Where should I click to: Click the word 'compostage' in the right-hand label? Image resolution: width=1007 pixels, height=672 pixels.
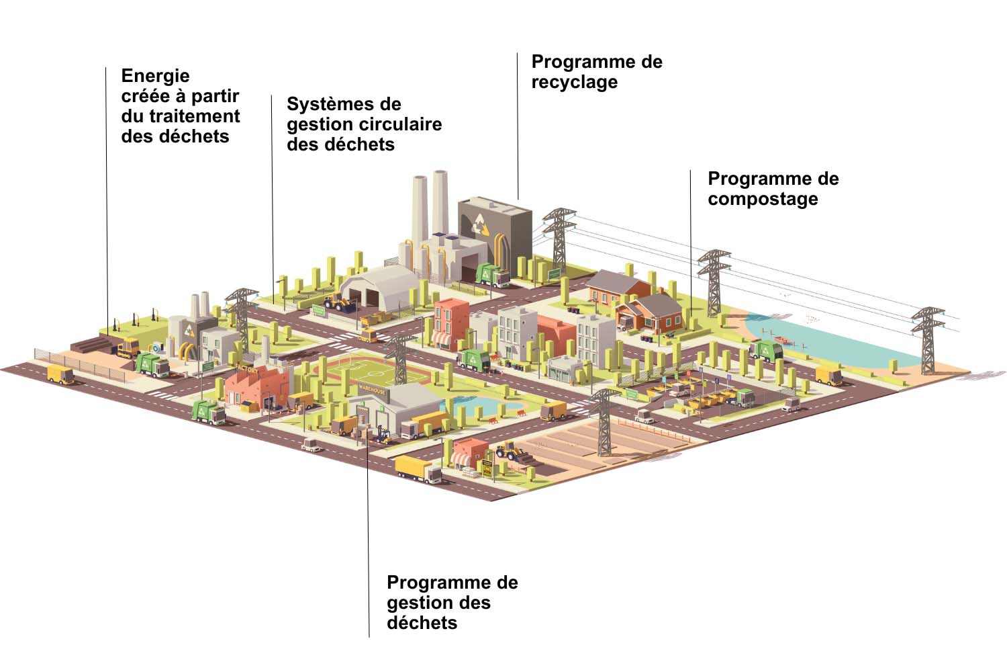click(763, 200)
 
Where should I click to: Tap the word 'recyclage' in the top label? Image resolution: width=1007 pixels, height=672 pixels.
click(574, 83)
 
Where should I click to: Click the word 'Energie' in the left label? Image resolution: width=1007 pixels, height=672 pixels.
click(155, 76)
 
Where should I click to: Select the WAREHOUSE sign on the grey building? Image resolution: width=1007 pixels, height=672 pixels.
click(371, 388)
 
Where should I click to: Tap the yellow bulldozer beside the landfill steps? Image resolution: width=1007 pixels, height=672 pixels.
click(128, 347)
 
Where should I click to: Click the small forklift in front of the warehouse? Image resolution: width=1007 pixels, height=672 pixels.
click(384, 435)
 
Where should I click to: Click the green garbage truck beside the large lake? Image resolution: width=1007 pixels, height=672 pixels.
click(766, 350)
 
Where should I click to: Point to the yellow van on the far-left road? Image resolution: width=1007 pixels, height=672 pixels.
click(61, 375)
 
